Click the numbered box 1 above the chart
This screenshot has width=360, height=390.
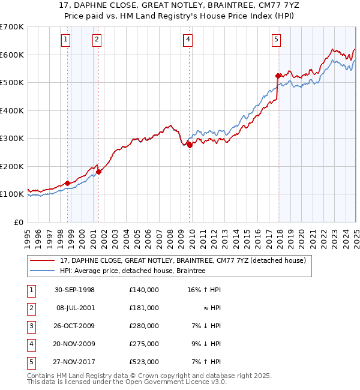coord(65,40)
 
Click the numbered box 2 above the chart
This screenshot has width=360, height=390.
coord(96,40)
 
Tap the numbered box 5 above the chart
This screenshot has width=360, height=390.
coord(276,40)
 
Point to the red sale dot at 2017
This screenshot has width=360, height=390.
coord(278,76)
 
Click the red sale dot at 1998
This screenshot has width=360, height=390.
coord(68,183)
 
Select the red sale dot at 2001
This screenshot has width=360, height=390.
coord(98,172)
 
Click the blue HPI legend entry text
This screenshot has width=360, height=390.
coord(133,271)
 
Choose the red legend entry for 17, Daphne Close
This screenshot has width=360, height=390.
coord(183,260)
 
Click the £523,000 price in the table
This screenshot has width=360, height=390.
coord(143,362)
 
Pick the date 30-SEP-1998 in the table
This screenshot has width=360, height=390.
coord(74,290)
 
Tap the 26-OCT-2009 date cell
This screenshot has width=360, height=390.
coord(74,326)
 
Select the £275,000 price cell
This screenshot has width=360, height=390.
coord(143,344)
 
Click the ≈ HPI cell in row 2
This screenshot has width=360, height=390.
coord(212,308)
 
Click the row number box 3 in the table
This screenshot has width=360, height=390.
coord(30,326)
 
